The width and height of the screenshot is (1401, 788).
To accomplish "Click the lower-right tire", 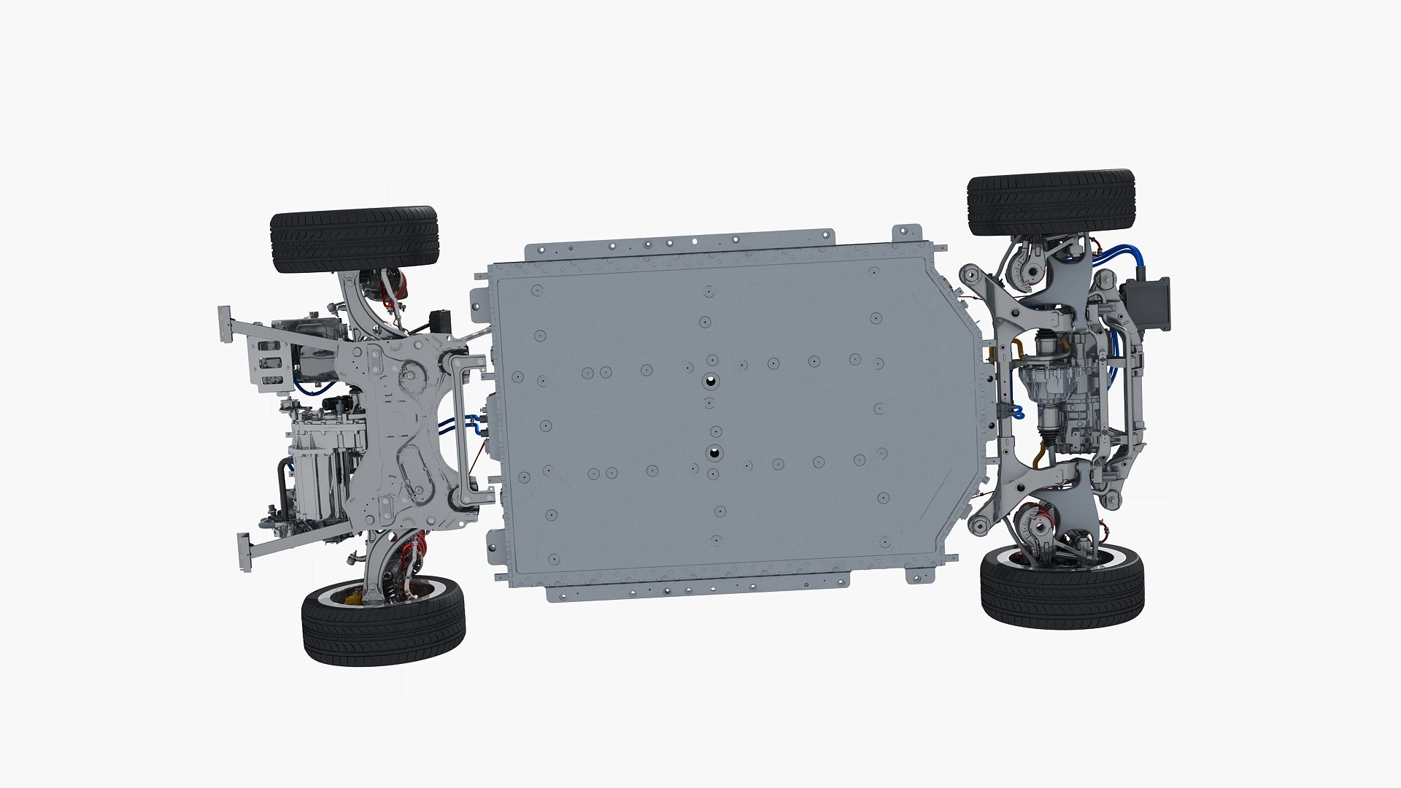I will click(1062, 595).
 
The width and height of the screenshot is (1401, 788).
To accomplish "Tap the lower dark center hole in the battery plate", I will click(712, 453).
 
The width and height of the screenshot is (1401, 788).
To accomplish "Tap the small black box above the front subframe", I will click(441, 321).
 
